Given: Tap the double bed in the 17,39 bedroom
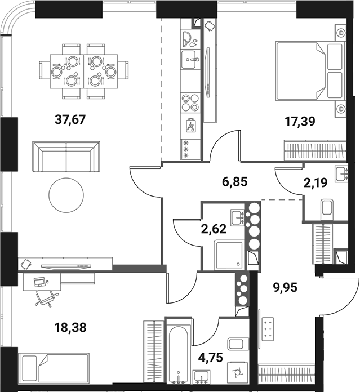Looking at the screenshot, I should point(309,71).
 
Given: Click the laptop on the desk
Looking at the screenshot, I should point(40,280).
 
